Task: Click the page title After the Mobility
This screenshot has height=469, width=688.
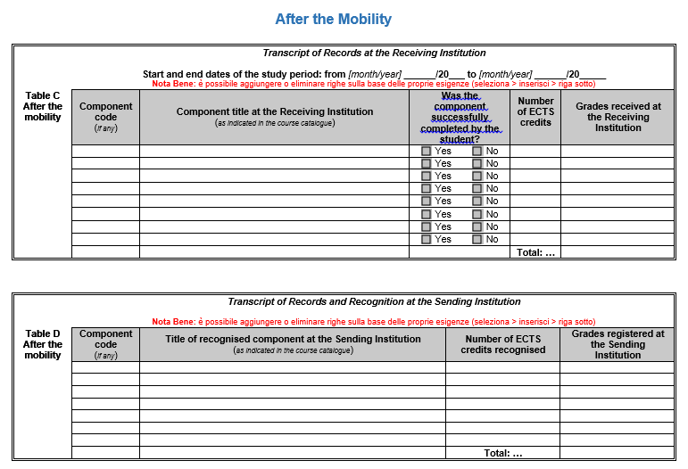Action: (333, 20)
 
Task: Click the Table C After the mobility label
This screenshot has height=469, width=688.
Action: (43, 106)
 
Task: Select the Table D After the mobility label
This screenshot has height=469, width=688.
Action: (43, 344)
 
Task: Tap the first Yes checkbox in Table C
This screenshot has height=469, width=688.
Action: (427, 152)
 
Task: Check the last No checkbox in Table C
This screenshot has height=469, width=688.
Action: (477, 239)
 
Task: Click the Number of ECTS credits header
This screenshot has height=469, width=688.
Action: (535, 111)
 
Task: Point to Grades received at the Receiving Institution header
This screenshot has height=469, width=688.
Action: (618, 117)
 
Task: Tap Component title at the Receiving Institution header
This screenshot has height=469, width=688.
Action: (275, 111)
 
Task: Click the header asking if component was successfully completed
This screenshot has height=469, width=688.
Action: (460, 117)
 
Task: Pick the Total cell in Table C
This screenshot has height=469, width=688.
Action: (535, 252)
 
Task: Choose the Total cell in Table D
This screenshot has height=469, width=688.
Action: (502, 453)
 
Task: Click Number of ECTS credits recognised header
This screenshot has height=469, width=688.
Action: (502, 344)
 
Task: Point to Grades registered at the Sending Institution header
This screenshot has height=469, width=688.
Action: (618, 344)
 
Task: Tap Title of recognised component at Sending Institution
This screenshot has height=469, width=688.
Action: (293, 339)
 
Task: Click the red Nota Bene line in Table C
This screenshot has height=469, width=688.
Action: (373, 83)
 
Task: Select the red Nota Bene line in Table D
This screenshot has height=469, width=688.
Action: (373, 321)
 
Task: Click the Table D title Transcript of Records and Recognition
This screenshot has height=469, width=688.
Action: (374, 301)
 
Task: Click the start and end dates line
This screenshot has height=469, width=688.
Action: (374, 74)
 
